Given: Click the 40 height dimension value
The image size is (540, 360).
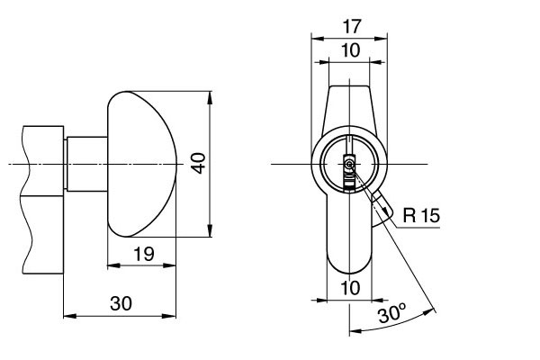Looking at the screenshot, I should pos(199,162).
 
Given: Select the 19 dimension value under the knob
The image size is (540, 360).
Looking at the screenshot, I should pos(143,255).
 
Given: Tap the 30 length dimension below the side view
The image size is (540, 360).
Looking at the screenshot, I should pos(120,303).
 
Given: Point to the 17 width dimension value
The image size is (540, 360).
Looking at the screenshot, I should pos(350,27).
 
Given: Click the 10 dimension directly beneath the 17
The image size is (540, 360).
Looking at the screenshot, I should pos(350,50).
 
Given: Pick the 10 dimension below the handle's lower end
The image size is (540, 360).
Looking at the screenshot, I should pos(350,287).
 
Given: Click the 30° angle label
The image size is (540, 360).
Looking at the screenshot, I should pos(391,314).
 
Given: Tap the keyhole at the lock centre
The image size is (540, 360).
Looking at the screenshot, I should pos(349,165).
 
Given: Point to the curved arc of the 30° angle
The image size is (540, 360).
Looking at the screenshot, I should pos(396,325).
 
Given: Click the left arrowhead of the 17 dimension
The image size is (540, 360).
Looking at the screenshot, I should pos(314,37).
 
